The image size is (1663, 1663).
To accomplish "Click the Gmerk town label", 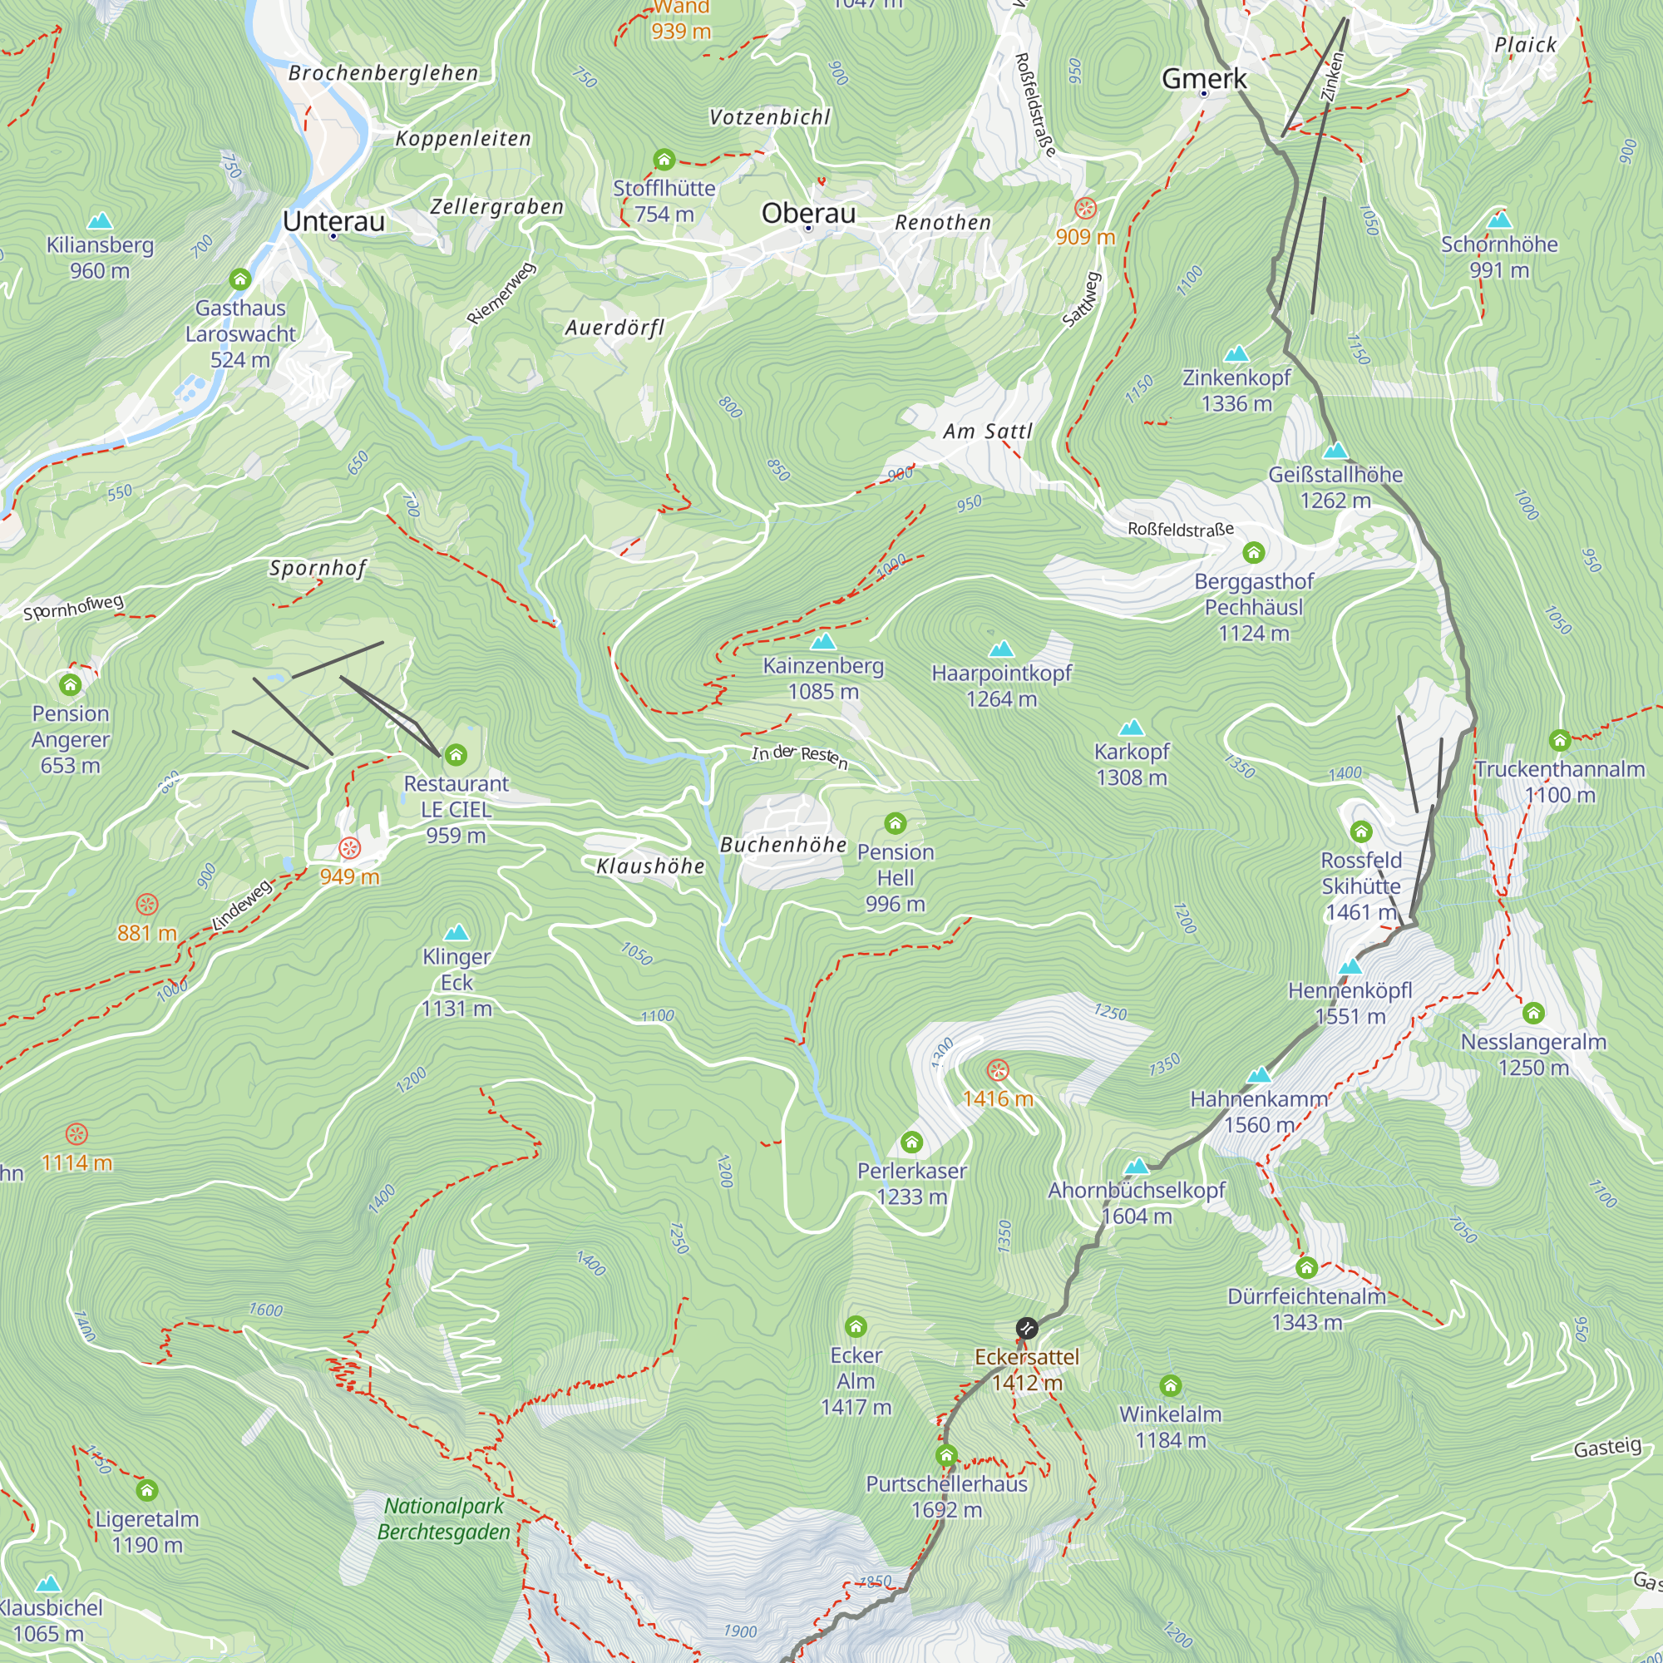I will point(1203,78).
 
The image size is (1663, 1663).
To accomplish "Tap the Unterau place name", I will point(333,221).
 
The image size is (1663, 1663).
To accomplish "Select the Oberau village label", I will point(808,213).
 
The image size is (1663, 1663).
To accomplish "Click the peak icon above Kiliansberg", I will point(100,221).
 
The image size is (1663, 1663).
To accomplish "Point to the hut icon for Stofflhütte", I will point(664,160).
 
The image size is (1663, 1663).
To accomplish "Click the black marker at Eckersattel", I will point(1026,1327).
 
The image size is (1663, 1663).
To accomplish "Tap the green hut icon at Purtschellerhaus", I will point(946,1454).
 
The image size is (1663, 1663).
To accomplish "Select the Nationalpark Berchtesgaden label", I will point(444,1518).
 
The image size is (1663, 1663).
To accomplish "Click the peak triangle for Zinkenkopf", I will point(1236,353).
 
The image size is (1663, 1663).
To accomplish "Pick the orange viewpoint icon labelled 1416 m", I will point(997,1070).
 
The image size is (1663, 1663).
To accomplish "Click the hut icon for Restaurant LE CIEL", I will point(456,755).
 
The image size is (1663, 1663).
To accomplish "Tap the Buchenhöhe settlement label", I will point(783,845).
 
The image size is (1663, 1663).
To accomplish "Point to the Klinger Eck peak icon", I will point(456,932).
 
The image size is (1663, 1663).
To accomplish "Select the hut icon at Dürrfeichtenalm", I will point(1306,1267).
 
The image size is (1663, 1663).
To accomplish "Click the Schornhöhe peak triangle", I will point(1499,220).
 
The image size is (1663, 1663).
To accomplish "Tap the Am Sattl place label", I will point(987,432).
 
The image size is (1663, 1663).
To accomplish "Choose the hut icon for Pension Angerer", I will point(71,684).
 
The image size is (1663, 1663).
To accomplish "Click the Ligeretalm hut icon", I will point(147,1490).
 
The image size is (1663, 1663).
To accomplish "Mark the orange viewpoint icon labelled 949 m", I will point(348,848).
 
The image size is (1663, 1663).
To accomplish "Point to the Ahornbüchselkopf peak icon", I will point(1137,1167).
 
